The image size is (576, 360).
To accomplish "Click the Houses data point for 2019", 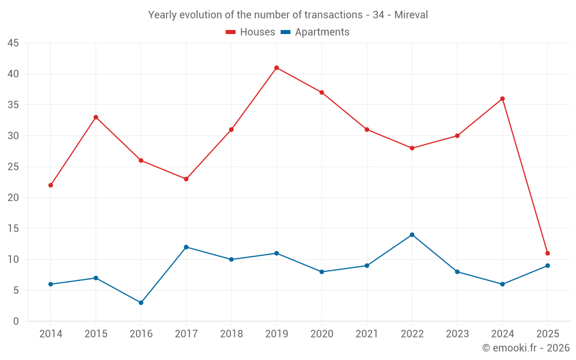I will tap(276, 67).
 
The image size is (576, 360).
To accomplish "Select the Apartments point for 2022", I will tap(412, 234).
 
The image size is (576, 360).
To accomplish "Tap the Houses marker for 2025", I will tap(547, 253).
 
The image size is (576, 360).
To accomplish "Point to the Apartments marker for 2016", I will tap(141, 302).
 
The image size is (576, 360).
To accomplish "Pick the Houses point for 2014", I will tap(51, 185).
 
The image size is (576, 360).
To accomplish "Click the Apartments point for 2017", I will tap(186, 247).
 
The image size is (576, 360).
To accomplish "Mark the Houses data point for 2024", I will tap(502, 98).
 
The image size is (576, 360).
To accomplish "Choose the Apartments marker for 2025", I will tap(547, 266).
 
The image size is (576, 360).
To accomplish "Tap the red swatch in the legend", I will tap(230, 32).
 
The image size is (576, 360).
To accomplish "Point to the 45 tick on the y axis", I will tap(13, 43).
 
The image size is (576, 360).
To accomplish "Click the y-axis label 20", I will tap(13, 198).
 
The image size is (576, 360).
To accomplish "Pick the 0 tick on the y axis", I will tap(16, 321).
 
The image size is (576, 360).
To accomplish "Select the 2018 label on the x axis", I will tap(231, 334).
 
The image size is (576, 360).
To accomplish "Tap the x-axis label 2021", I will tap(367, 334).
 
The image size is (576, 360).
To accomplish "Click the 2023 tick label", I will tap(457, 334).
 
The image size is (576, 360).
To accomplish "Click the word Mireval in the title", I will tap(411, 15).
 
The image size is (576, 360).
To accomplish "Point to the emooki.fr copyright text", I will tap(526, 348).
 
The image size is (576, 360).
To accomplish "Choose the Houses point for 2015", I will tap(96, 117).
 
